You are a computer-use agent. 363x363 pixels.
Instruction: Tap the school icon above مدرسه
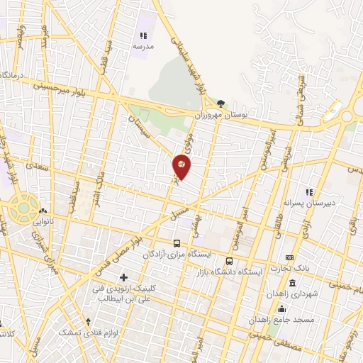[143, 35]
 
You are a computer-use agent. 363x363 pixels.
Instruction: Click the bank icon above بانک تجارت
[289, 258]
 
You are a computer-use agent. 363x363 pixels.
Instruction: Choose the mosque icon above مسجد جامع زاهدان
[282, 308]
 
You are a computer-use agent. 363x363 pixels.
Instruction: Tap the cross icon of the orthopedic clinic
[124, 277]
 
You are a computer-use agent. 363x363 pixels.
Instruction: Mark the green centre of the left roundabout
[23, 208]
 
